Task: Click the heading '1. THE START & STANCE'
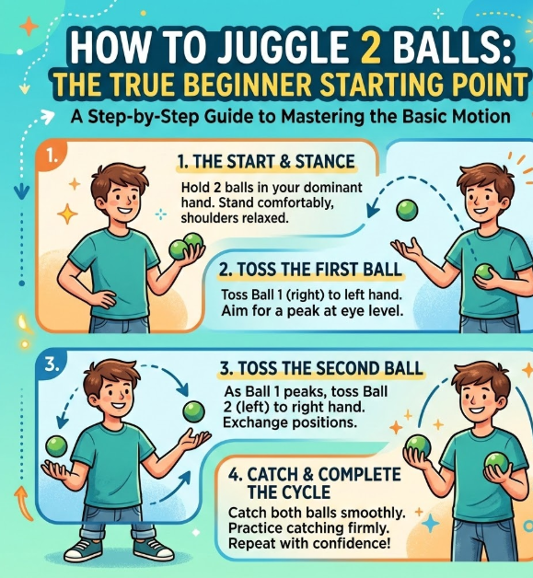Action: (x=266, y=161)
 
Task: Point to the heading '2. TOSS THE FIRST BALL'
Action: (x=310, y=269)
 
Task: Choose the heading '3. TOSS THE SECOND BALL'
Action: (x=321, y=368)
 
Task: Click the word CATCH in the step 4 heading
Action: (x=273, y=474)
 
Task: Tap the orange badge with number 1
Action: (x=51, y=156)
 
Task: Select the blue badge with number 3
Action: (x=52, y=365)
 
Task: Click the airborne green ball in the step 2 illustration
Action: (x=407, y=210)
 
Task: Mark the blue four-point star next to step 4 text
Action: (x=430, y=525)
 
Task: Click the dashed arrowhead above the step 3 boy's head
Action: (x=183, y=389)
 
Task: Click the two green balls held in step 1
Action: (x=186, y=247)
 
